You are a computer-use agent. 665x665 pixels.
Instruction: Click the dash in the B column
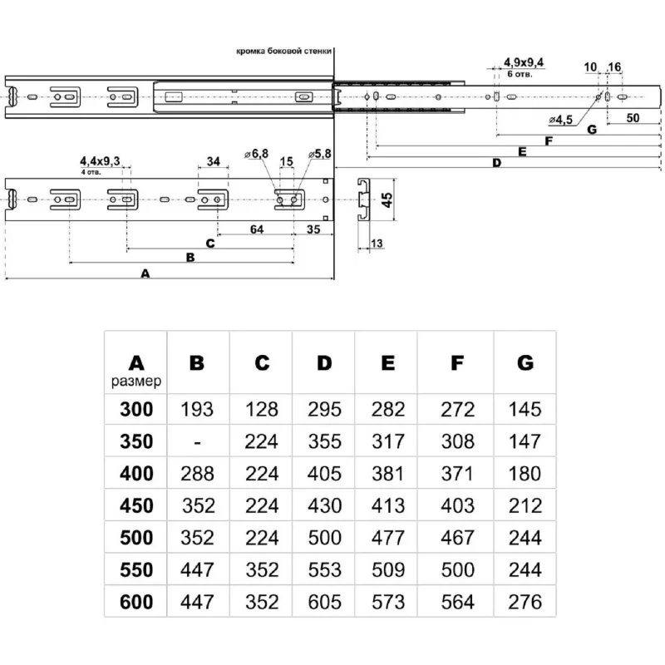[197, 441]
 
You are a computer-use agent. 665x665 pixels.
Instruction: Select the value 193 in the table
[197, 409]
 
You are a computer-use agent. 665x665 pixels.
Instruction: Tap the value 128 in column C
[262, 409]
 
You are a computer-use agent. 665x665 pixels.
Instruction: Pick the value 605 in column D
[324, 602]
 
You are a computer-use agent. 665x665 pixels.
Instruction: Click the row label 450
[136, 505]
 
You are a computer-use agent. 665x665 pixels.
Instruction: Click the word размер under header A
[136, 382]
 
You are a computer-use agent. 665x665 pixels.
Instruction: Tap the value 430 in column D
[324, 505]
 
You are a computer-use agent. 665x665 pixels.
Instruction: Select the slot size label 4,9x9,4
[524, 62]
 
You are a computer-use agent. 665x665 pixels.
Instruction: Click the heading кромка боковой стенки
[283, 51]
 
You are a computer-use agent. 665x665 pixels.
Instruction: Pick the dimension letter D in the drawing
[496, 163]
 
